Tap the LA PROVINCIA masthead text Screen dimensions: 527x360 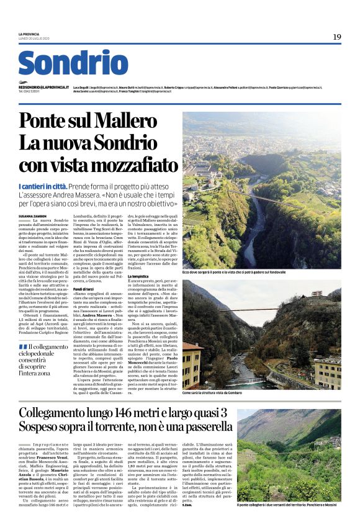(x=29, y=34)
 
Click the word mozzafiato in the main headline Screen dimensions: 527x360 (x=132, y=164)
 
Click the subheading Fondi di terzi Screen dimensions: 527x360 (x=86, y=289)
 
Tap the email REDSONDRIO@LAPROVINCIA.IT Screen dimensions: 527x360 (x=43, y=88)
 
